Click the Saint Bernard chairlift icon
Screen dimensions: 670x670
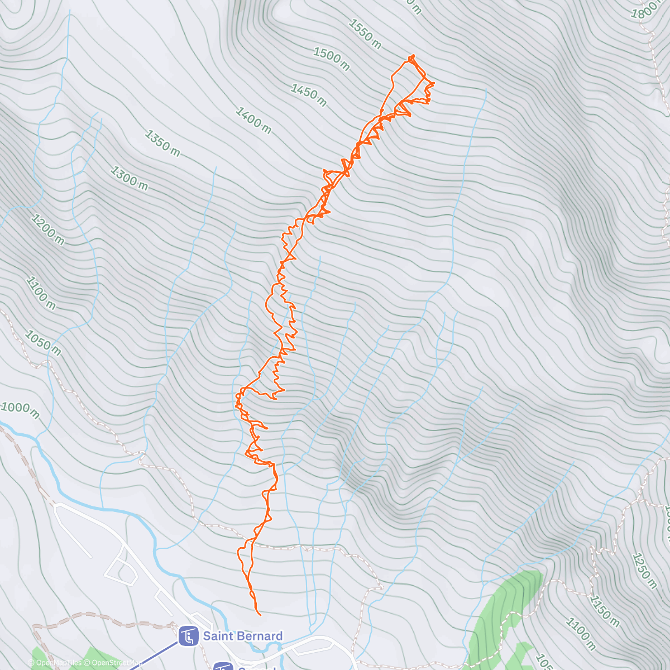188,636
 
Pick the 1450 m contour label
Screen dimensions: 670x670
308,95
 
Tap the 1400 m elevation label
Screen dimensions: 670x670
253,121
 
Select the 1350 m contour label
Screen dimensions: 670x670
162,143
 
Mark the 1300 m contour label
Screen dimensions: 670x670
129,179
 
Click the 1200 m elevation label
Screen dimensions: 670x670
47,229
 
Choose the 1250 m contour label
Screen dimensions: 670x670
644,571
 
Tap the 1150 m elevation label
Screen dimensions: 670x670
605,611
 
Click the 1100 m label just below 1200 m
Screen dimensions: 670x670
41,293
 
